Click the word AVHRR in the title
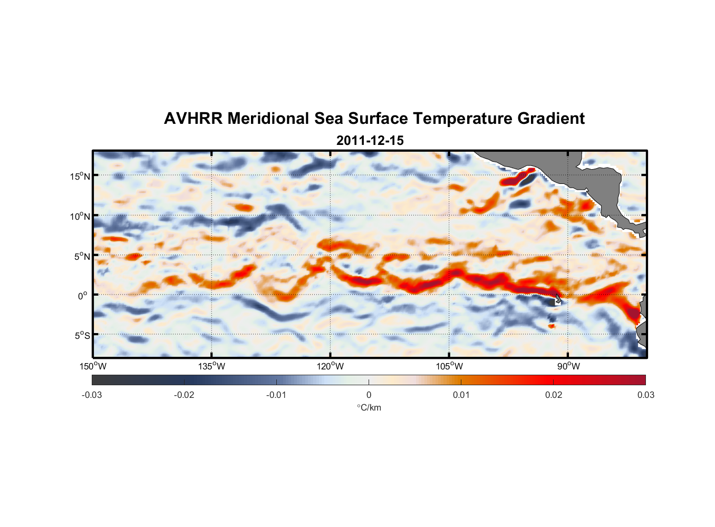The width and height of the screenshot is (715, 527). pos(193,119)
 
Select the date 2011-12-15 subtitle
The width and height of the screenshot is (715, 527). pos(370,141)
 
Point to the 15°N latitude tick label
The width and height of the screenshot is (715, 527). pos(80,176)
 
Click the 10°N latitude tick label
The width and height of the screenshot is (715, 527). pos(80,216)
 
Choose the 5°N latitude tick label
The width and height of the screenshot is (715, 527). pos(81,256)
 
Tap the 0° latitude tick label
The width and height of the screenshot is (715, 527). pos(83,296)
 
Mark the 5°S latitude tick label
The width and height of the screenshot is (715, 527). pos(81,335)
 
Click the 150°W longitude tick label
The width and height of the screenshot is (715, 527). pos(93,366)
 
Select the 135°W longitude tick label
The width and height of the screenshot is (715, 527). pos(211,366)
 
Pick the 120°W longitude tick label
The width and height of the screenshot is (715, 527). pos(330,366)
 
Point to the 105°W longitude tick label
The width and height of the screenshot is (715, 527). pos(449,366)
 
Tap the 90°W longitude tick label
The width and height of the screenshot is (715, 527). pos(568,366)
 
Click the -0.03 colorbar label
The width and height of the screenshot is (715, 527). pos(92,395)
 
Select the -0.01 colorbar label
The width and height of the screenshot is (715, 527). pos(276,395)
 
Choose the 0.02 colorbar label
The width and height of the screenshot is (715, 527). pos(554,395)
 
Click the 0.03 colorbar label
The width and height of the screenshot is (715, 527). pos(645,395)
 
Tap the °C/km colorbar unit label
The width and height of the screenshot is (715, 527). pos(369,407)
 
